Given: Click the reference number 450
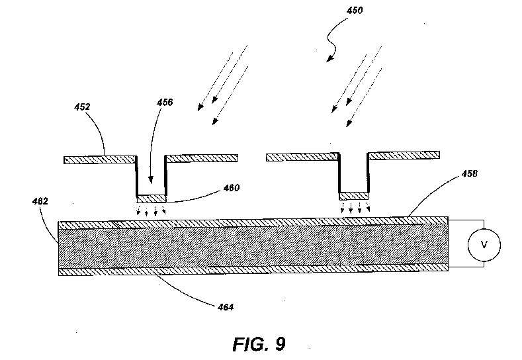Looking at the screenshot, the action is [x=355, y=11].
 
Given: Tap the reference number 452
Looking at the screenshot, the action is [x=82, y=107].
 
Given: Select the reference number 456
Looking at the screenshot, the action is [x=165, y=102].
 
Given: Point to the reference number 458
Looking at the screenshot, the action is [x=469, y=173].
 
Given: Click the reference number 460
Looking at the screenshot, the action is [x=232, y=188].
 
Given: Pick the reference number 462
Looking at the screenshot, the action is [x=40, y=201].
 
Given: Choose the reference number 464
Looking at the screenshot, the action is [x=226, y=306].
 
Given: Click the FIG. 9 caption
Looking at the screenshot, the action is [x=259, y=344].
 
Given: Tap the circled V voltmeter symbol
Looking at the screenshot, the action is [x=484, y=245].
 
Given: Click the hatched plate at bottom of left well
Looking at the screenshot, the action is [x=152, y=199].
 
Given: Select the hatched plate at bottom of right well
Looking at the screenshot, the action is [x=353, y=196].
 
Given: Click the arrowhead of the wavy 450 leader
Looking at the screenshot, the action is [x=329, y=59].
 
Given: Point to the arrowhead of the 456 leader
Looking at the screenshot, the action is [x=151, y=180].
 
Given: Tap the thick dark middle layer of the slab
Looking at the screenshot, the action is [x=253, y=247].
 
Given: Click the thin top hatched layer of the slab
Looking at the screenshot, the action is [x=253, y=222].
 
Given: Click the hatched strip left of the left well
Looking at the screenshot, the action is [x=100, y=160].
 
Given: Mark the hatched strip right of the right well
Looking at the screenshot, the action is [x=404, y=156].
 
